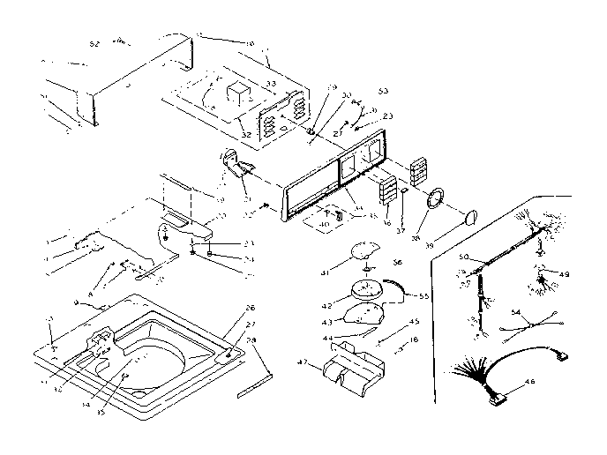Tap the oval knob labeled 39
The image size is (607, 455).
pos(470,215)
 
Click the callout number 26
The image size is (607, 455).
pos(250,308)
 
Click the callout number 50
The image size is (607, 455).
pos(462,257)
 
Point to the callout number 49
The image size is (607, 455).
pos(565,274)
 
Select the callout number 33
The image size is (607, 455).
pos(272,84)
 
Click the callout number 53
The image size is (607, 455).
pos(383,90)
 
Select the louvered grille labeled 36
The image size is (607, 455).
pos(386,189)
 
